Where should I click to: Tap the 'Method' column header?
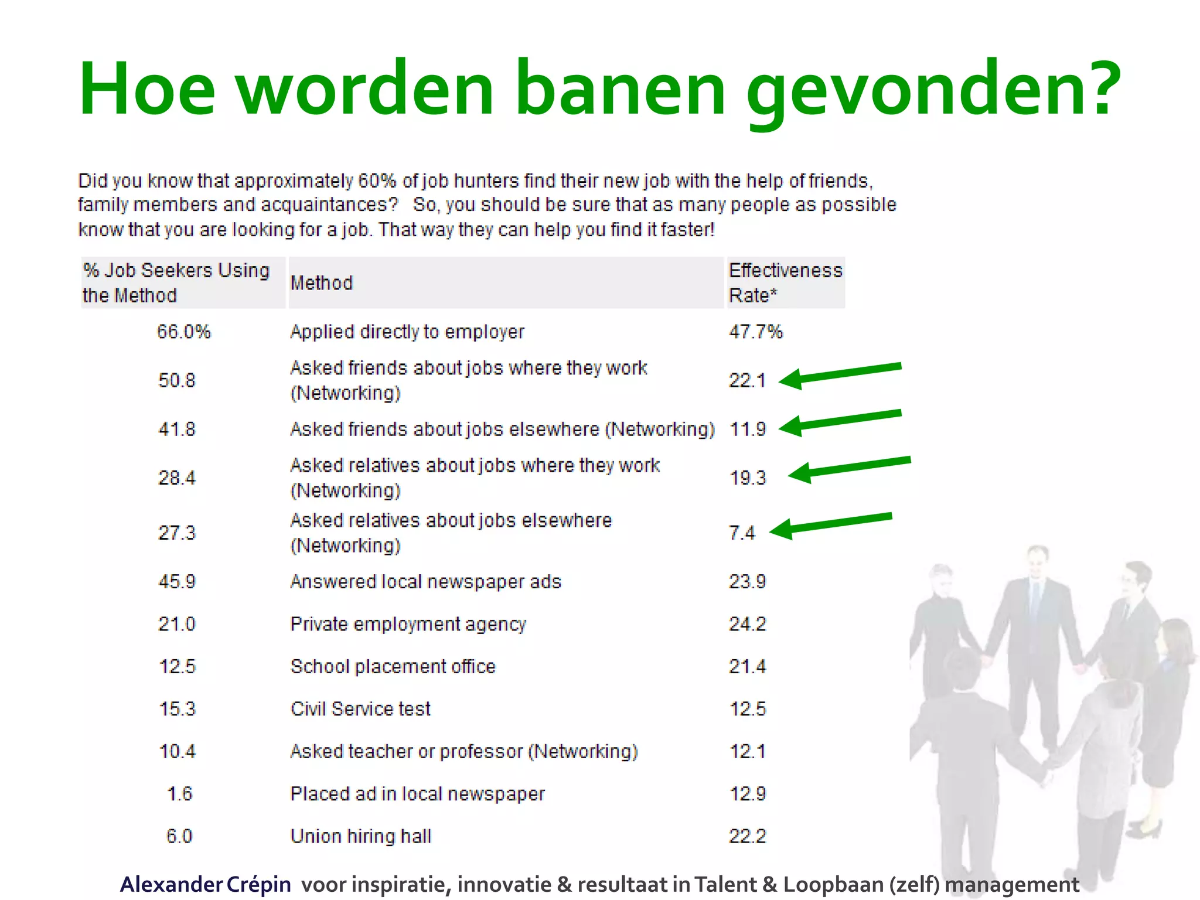click(x=322, y=283)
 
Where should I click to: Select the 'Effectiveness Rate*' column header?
click(x=785, y=282)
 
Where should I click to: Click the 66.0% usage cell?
click(x=183, y=332)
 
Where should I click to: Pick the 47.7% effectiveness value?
click(x=755, y=332)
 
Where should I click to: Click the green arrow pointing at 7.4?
click(x=831, y=524)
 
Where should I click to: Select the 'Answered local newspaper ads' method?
click(x=425, y=581)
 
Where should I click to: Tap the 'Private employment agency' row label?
click(x=408, y=624)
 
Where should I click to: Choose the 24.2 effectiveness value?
click(x=747, y=624)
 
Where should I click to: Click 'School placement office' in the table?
click(x=393, y=666)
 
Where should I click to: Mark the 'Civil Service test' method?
click(x=360, y=709)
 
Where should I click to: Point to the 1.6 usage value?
click(x=179, y=794)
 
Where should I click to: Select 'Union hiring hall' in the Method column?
click(x=361, y=836)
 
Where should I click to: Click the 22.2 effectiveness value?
click(x=747, y=836)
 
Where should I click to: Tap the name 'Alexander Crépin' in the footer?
click(x=205, y=884)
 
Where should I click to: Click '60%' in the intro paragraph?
click(x=377, y=180)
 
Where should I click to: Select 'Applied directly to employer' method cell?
click(x=407, y=332)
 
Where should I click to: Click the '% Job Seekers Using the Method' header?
click(x=176, y=282)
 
